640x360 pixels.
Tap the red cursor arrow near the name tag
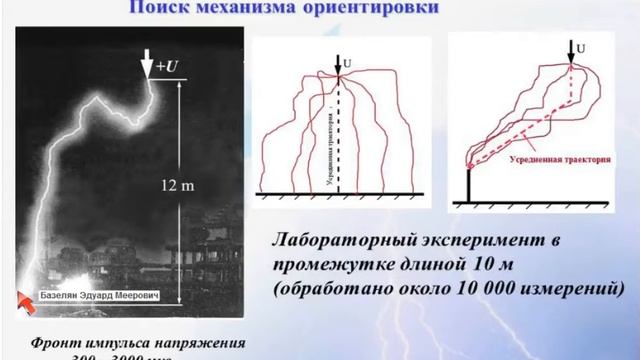click(25, 297)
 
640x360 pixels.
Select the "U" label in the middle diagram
click(349, 64)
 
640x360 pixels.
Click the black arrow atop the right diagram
click(571, 49)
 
